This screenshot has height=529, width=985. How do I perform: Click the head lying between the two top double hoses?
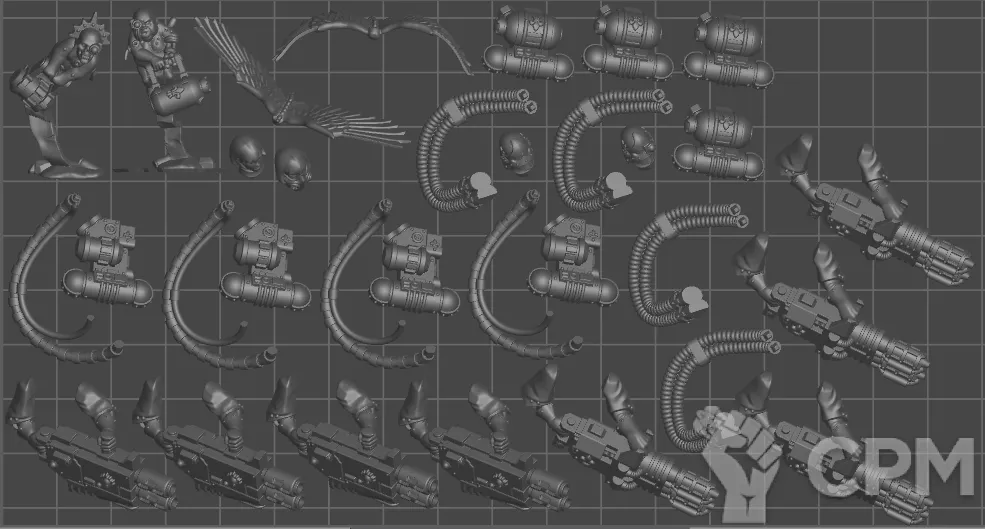click(x=516, y=152)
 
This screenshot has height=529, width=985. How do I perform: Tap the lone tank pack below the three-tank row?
click(x=718, y=145)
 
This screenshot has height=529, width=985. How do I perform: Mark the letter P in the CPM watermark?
click(x=884, y=465)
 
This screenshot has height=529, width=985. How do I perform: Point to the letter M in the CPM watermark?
click(x=942, y=465)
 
